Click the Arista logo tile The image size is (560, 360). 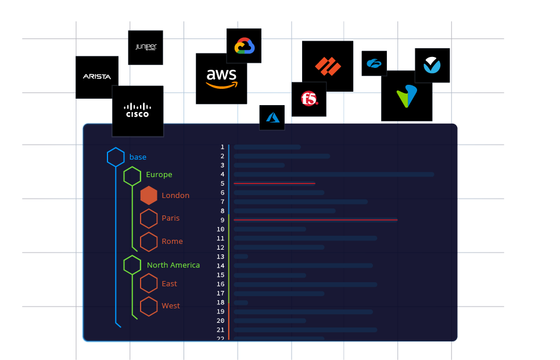point(97,77)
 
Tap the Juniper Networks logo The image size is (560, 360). point(145,47)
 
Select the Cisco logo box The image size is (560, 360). point(138,110)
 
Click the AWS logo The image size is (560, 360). point(221,78)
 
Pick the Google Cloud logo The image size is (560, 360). point(244,45)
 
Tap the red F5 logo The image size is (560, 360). point(309,99)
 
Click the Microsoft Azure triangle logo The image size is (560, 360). point(272,117)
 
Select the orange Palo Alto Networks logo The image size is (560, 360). point(328,66)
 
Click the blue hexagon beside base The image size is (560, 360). point(116,157)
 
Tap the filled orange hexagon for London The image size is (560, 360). point(149,195)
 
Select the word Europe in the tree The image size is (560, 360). point(159,175)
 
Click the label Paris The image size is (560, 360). point(171,218)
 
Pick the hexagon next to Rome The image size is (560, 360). point(149,242)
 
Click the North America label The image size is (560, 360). point(173,265)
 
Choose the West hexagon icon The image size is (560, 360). point(149,306)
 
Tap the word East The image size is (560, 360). point(170,284)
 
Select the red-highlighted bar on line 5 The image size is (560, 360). point(274,183)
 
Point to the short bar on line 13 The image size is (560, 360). point(240,257)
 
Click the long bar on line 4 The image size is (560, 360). point(333,174)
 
